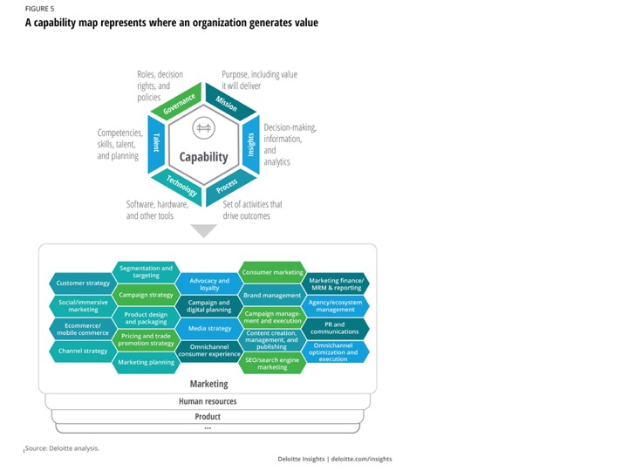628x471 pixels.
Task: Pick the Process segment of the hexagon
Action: (x=226, y=186)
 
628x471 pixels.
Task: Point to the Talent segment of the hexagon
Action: (x=155, y=143)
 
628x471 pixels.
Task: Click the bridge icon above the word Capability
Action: (x=203, y=128)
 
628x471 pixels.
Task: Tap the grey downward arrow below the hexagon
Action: (x=203, y=230)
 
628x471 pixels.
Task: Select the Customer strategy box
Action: (x=83, y=283)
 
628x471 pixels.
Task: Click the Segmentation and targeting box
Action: (x=146, y=271)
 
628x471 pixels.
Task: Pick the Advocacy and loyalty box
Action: (x=209, y=283)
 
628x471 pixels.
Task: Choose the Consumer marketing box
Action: (x=272, y=272)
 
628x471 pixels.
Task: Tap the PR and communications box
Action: (x=335, y=328)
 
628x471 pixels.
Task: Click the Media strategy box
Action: (x=209, y=329)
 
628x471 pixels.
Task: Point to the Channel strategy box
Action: (x=83, y=352)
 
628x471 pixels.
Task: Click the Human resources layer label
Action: (x=208, y=401)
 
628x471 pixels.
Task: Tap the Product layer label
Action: (x=208, y=416)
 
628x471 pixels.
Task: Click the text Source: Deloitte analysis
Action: (x=62, y=448)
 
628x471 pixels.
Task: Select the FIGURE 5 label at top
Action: (x=38, y=8)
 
